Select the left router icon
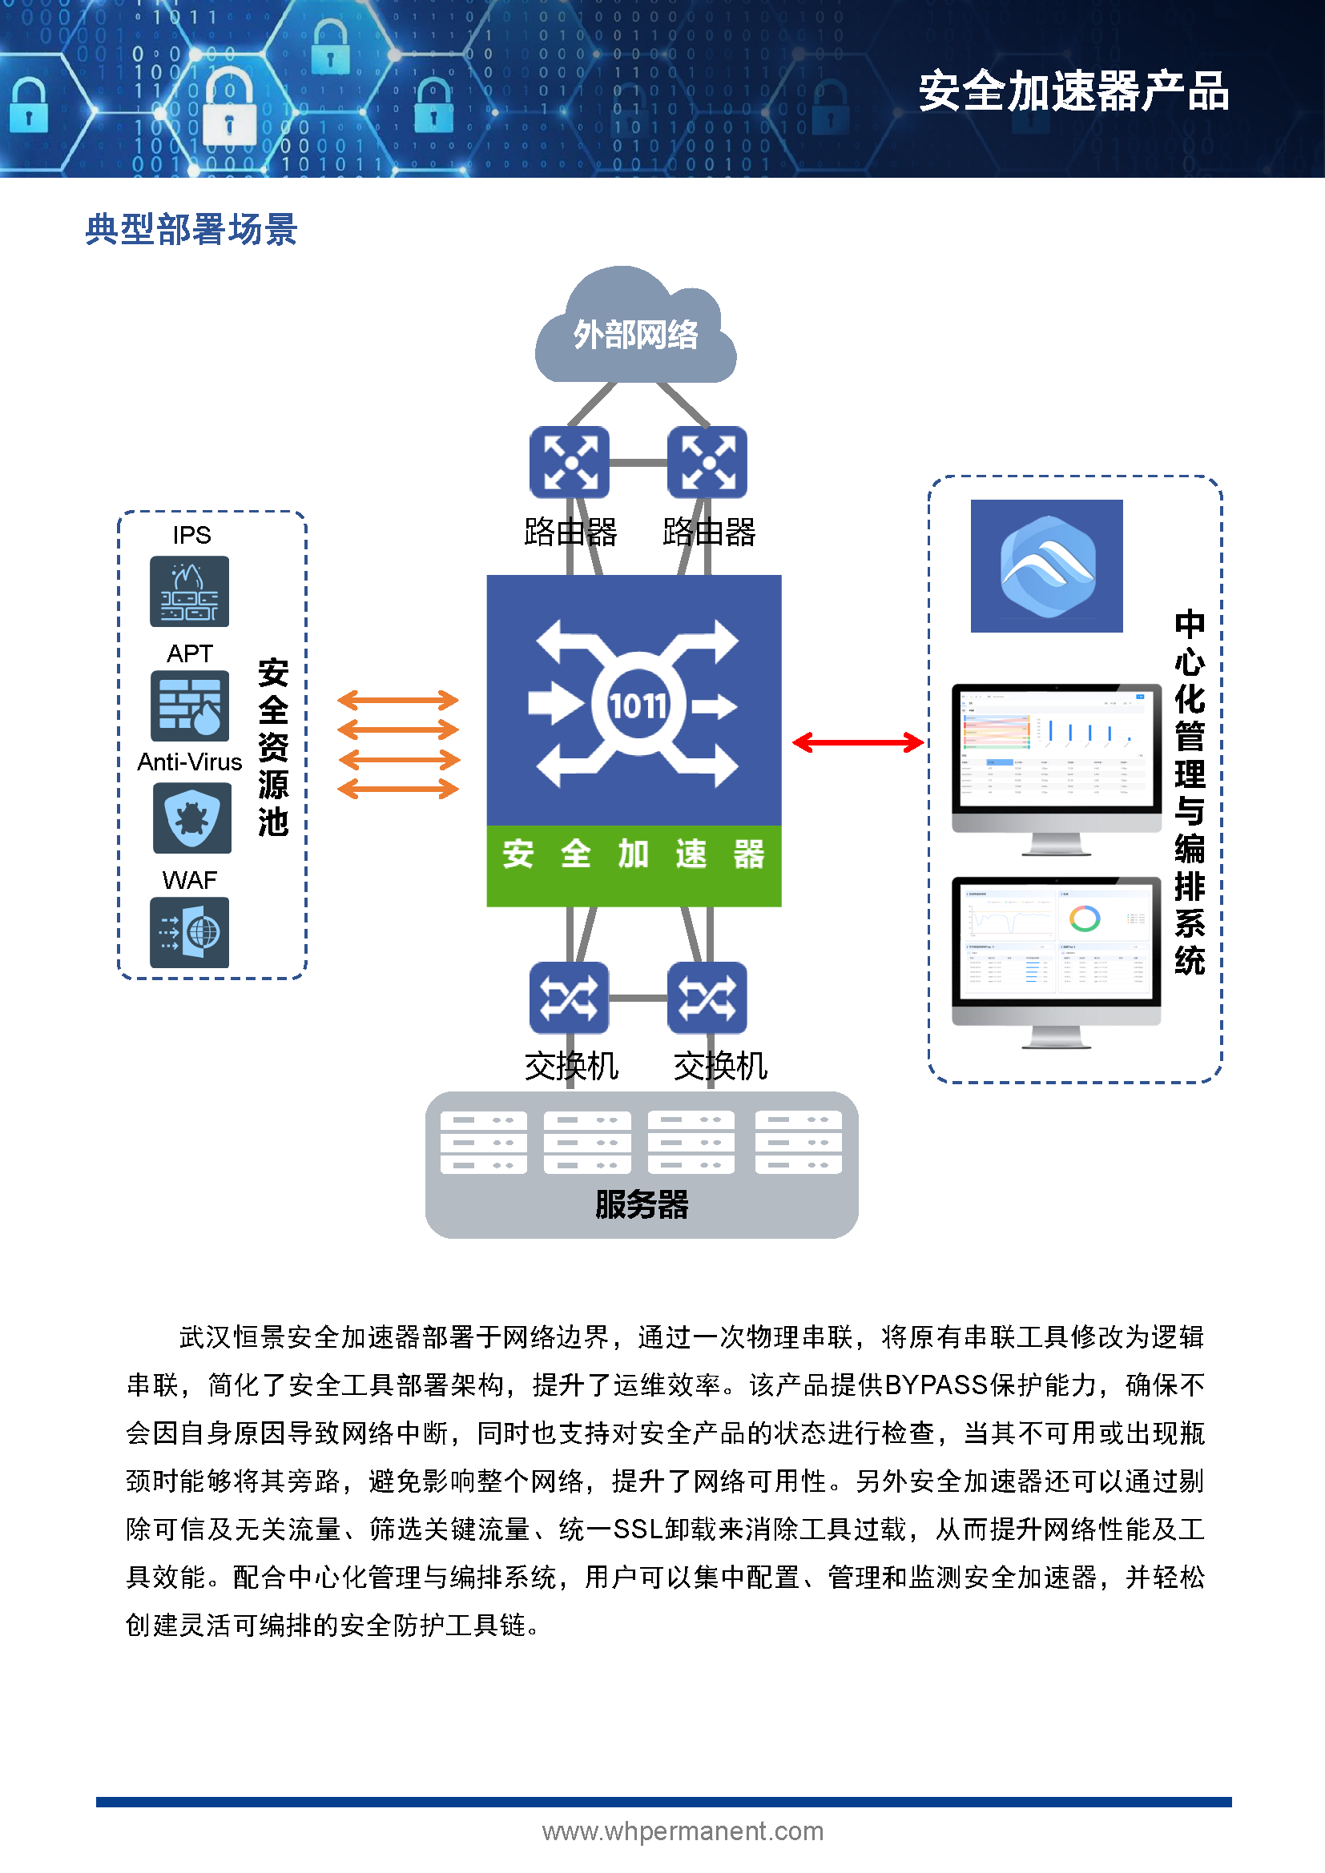(570, 462)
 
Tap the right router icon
(707, 462)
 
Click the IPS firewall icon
(189, 592)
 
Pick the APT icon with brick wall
(189, 705)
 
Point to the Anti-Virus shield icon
(191, 818)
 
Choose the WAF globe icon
(189, 931)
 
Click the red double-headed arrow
(857, 742)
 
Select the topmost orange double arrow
(398, 699)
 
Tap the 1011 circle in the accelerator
(637, 705)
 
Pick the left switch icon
(570, 997)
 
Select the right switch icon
(707, 997)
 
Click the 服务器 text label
(642, 1204)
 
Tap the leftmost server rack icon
(483, 1141)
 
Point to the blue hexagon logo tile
(1047, 565)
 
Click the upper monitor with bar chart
(1056, 758)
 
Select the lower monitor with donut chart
(1056, 951)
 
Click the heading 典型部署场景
(191, 229)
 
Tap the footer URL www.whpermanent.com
(683, 1831)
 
